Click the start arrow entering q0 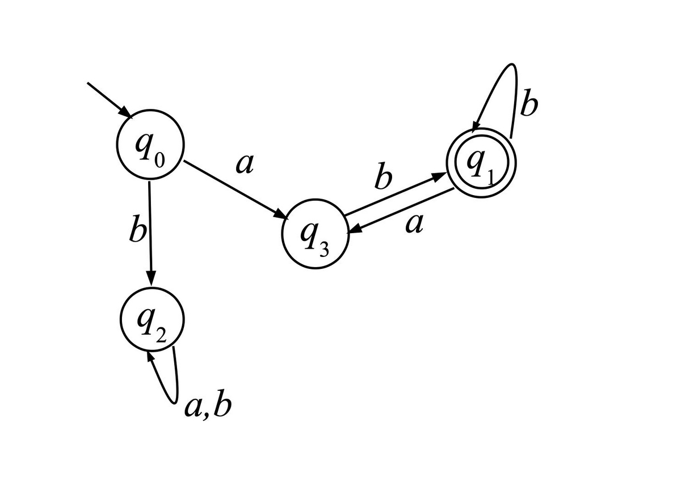pos(110,100)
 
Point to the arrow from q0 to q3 pos(236,189)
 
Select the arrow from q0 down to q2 pos(150,234)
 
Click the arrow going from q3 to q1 pos(395,195)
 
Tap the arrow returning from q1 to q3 pos(401,210)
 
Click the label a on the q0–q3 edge pos(245,164)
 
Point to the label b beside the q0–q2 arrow pos(138,229)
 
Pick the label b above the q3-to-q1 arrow pos(383,176)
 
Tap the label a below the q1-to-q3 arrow pos(414,224)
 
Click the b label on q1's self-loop pos(529,103)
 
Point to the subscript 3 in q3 pos(324,250)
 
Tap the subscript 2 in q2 pos(161,335)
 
